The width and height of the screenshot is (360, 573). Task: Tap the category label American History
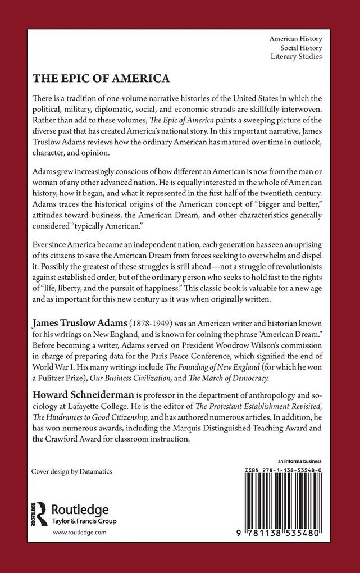tap(296, 39)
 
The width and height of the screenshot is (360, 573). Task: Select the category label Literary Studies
tap(297, 57)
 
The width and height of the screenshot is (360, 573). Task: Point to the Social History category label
tap(300, 48)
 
